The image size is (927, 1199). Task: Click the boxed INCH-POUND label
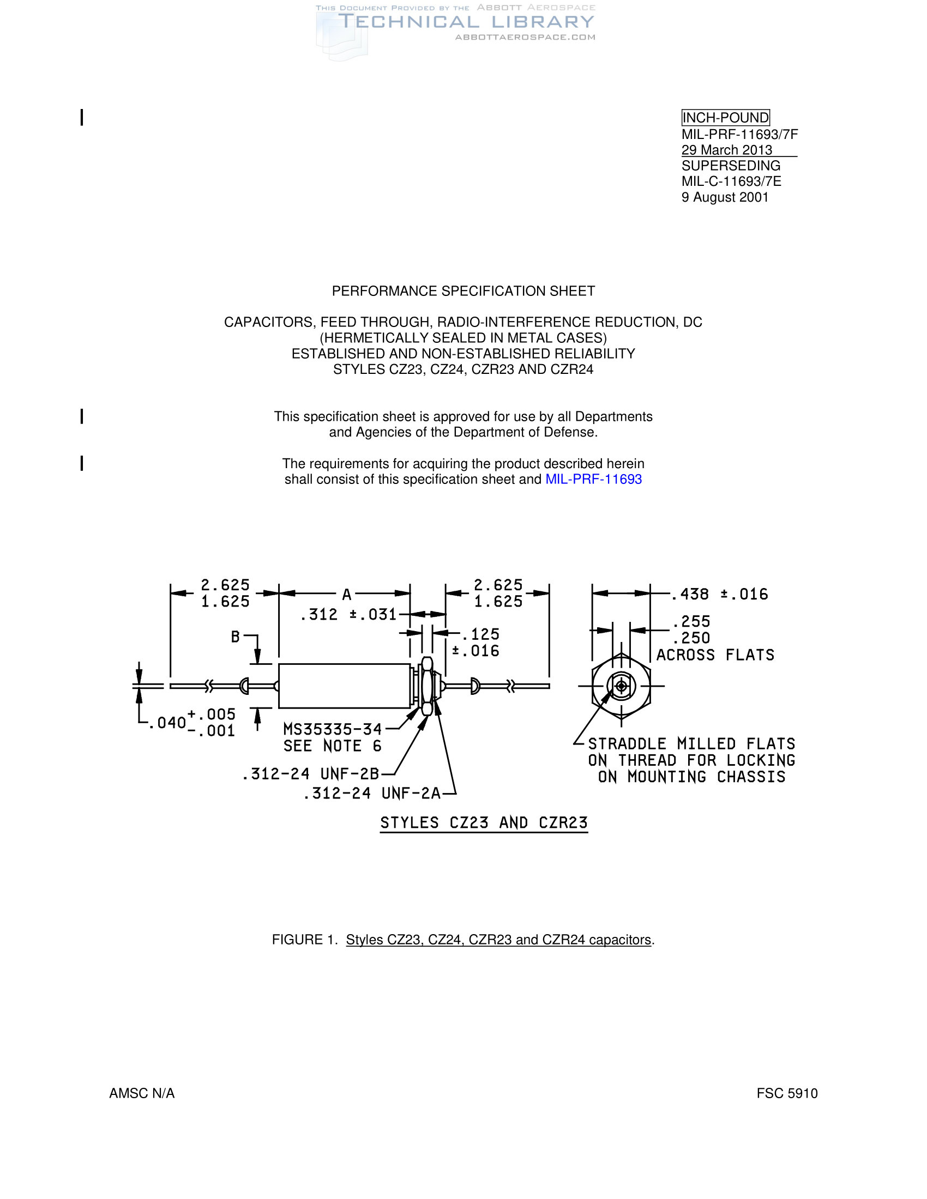click(x=725, y=118)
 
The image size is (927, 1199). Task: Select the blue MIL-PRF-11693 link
click(x=594, y=479)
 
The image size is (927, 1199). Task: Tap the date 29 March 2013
click(x=726, y=150)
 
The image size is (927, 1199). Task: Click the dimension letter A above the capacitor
click(x=346, y=595)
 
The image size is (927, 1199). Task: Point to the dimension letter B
click(x=235, y=637)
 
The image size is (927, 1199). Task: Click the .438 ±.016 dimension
click(x=719, y=594)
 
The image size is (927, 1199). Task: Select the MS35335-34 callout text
click(x=332, y=729)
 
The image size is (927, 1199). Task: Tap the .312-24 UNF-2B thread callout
click(x=311, y=774)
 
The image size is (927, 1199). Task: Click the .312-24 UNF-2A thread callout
click(x=372, y=794)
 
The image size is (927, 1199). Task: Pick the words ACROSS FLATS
click(x=715, y=655)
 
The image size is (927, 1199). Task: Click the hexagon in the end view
click(x=621, y=686)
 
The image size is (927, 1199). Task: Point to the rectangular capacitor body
click(x=344, y=686)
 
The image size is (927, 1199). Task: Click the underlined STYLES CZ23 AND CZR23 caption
click(x=484, y=823)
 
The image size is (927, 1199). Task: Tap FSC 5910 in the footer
click(x=787, y=1094)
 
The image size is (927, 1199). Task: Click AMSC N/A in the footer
click(x=142, y=1094)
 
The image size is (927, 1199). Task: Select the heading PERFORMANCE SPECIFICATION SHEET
click(x=463, y=291)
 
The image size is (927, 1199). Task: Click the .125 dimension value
click(x=480, y=634)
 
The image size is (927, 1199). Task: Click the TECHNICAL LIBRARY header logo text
click(x=466, y=22)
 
